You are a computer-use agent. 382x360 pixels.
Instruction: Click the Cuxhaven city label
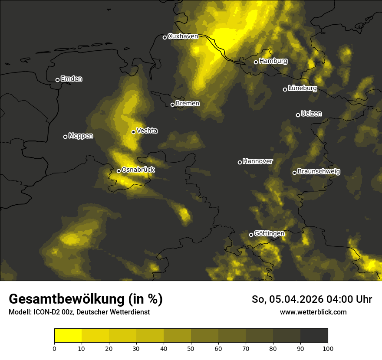coord(183,36)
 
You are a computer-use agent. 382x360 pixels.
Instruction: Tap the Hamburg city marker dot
coord(256,62)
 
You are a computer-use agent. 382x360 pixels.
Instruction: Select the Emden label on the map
coord(71,79)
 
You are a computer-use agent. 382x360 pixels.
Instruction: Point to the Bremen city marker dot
coord(172,105)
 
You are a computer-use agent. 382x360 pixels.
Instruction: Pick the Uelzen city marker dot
coord(298,115)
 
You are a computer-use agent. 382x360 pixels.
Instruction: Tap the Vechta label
coord(147,131)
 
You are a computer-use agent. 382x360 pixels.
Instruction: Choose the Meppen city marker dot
coord(65,137)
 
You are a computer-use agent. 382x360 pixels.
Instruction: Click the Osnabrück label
coord(138,170)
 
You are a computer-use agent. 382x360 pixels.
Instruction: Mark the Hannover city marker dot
coord(240,162)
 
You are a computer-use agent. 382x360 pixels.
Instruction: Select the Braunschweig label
coord(319,172)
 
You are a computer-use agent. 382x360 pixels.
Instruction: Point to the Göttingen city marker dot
coord(251,235)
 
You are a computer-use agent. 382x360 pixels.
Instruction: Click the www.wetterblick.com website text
coord(313,312)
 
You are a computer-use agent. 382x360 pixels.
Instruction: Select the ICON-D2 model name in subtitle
coord(46,312)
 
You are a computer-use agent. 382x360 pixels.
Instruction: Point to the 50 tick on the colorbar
coord(191,348)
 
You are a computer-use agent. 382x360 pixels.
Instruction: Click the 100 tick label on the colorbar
coord(328,348)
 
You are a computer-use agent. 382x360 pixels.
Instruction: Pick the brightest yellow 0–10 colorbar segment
coord(68,336)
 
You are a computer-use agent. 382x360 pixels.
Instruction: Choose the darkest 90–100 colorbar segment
coord(314,336)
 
